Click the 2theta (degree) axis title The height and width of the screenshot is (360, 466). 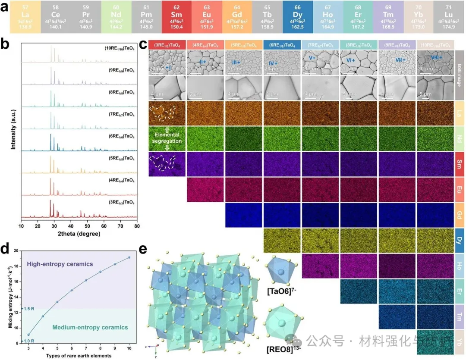pyautogui.click(x=79, y=234)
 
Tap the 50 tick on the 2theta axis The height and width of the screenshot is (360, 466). pyautogui.click(x=87, y=225)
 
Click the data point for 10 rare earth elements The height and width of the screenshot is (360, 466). pyautogui.click(x=129, y=257)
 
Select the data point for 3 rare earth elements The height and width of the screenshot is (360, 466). pyautogui.click(x=28, y=335)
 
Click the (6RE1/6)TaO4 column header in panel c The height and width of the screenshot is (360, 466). pyautogui.click(x=282, y=44)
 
